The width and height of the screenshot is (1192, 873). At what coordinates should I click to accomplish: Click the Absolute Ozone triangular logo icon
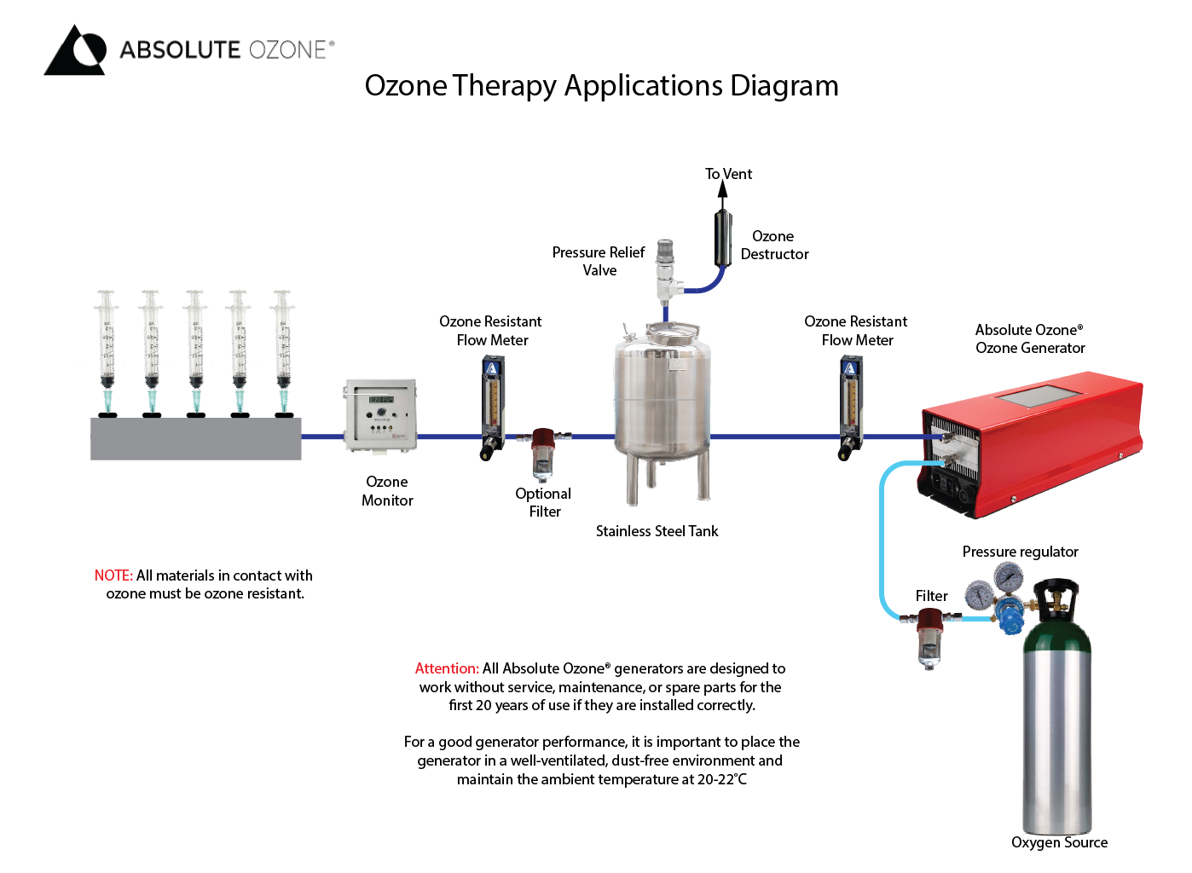point(75,50)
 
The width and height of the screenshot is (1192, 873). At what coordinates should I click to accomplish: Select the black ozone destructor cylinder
point(723,238)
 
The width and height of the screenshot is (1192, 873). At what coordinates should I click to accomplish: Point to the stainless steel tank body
point(662,396)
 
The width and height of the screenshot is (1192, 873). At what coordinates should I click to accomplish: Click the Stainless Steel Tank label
point(657,531)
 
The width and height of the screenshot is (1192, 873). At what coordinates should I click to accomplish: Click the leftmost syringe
point(107,350)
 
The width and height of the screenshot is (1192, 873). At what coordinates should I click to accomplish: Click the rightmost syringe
point(282,350)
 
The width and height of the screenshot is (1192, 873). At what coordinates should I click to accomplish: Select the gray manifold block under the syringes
point(195,439)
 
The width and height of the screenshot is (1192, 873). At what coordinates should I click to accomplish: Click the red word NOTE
point(113,575)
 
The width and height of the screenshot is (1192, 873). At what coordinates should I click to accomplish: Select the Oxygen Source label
point(1059,842)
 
